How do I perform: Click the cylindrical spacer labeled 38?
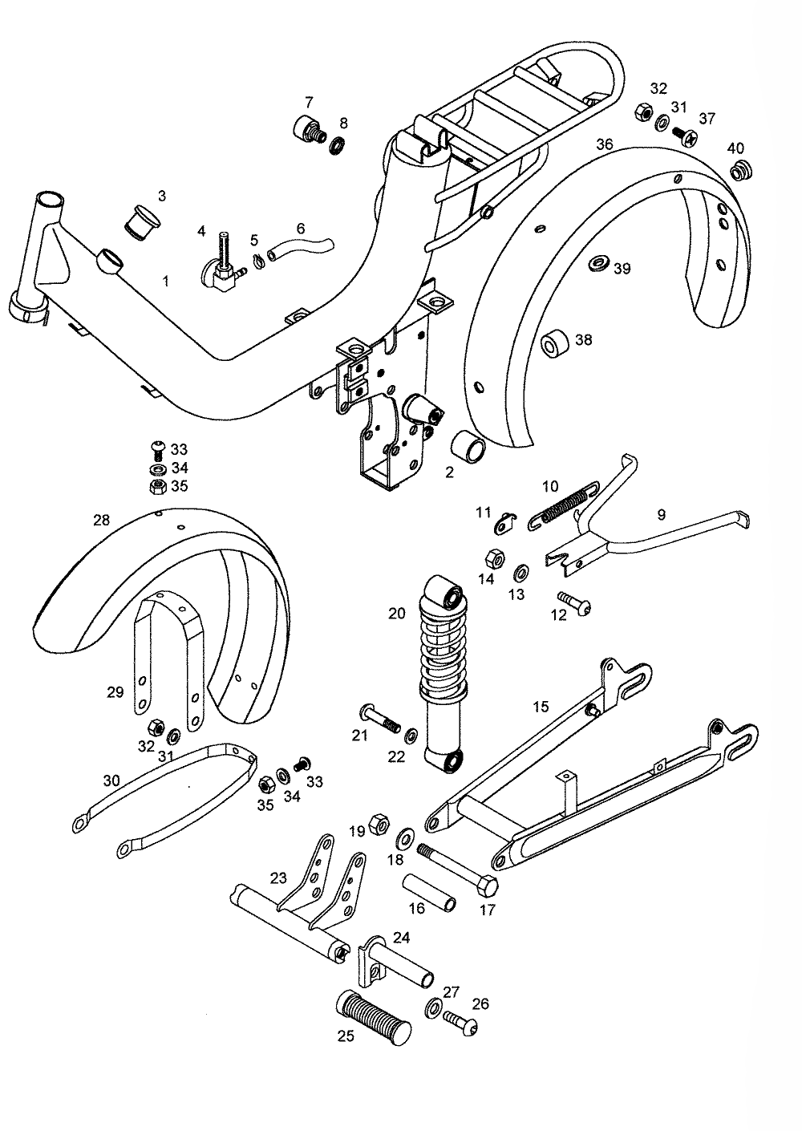555,343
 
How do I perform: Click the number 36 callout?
604,144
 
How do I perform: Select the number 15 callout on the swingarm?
541,707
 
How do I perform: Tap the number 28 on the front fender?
101,520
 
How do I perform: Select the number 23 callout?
278,878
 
